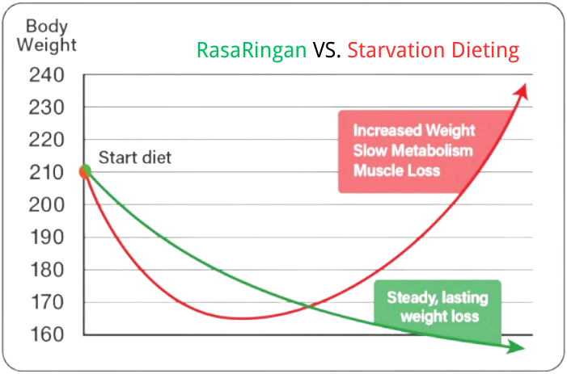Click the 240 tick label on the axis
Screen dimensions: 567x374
[47, 75]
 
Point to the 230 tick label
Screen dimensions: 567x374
[47, 107]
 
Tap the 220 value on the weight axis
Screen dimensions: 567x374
[47, 140]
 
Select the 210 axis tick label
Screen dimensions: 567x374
[47, 173]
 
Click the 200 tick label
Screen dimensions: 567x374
[47, 205]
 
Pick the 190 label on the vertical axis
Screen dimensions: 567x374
[47, 237]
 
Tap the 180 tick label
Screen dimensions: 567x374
[47, 270]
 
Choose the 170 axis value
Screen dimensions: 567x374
[47, 303]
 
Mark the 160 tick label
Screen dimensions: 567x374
[47, 334]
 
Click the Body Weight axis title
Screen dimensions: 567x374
[47, 36]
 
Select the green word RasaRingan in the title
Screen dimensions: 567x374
[252, 50]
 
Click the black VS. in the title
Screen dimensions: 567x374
[327, 50]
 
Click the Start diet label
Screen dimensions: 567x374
[135, 158]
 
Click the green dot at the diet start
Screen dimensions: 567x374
[86, 170]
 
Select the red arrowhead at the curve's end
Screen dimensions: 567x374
[523, 91]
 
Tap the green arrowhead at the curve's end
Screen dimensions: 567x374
[516, 347]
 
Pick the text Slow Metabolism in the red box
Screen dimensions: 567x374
[413, 150]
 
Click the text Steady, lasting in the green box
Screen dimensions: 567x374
[438, 298]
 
